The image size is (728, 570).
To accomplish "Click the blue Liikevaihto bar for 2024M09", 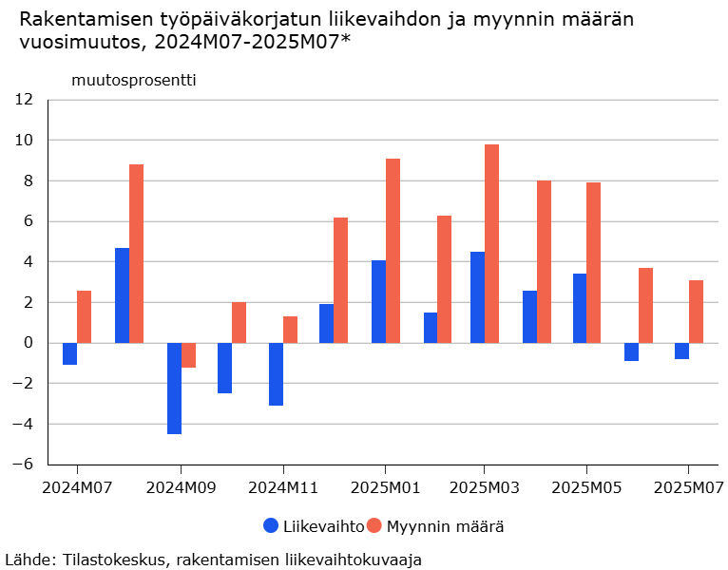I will point(174,388).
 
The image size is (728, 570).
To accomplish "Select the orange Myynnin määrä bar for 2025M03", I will point(491,243).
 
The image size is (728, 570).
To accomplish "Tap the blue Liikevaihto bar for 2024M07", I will point(69,353).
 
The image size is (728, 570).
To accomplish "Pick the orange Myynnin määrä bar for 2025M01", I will point(393,251).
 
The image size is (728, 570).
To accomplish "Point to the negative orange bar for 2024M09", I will point(188,355).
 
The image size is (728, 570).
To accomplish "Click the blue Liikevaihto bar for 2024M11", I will point(276,374).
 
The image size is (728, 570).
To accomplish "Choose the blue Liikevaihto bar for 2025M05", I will point(580,308).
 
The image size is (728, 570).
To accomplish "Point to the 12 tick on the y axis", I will point(24,100).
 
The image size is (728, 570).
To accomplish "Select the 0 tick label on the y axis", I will point(29,343).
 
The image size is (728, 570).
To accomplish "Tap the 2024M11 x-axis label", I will point(282,488).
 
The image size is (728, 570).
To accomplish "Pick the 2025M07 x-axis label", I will point(688,488).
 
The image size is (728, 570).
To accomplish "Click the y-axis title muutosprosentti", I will point(134,80).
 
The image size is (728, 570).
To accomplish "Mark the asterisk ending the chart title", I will point(346,40).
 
